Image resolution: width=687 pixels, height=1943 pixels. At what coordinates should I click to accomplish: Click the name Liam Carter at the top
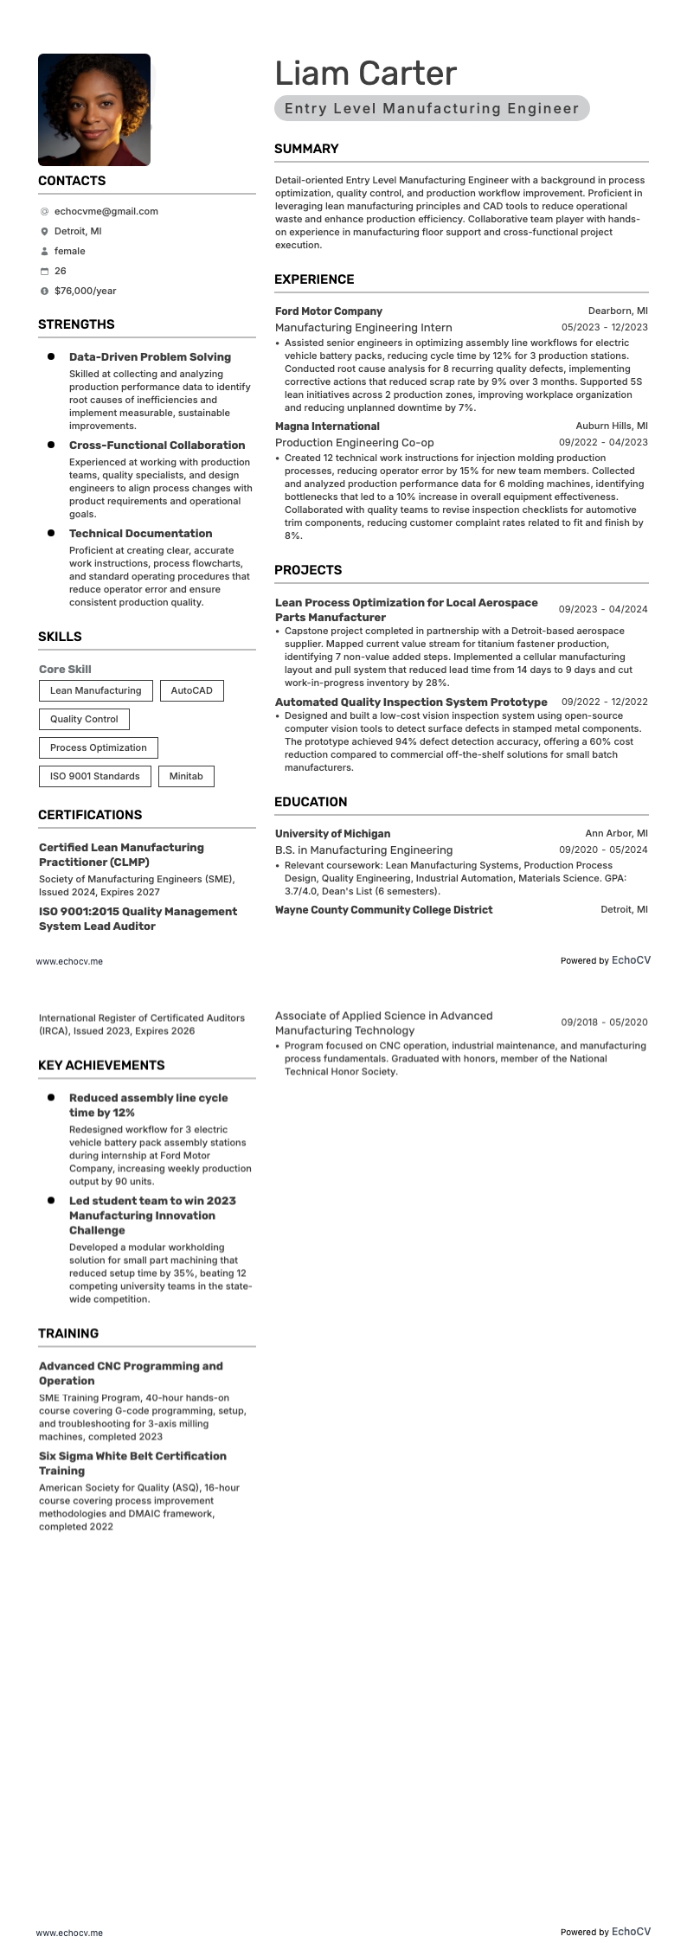pos(365,74)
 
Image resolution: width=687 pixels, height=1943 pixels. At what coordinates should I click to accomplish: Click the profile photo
pos(94,110)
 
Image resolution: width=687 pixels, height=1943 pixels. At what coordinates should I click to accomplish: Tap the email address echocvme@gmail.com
pos(106,211)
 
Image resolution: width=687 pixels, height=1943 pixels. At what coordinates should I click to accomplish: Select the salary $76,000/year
pos(85,291)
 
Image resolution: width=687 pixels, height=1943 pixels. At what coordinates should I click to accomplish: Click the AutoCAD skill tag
pos(191,690)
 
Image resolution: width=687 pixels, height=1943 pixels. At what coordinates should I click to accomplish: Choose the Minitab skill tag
pos(186,776)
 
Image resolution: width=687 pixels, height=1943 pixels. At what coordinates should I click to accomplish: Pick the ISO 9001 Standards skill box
pos(94,776)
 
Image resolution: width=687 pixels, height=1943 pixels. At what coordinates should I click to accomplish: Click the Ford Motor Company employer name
pos(328,311)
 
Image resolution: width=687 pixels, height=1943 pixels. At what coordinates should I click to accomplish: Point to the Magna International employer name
pos(327,426)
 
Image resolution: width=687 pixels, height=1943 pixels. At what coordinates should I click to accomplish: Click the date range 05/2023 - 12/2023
pos(604,327)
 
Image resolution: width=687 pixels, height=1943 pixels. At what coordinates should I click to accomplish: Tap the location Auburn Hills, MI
pos(611,426)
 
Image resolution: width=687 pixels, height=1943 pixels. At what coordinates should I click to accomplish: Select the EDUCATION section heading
pos(311,802)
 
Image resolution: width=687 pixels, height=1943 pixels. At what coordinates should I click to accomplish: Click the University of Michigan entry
pos(332,834)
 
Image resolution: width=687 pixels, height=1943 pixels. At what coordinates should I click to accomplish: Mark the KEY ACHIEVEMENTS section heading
pos(101,1065)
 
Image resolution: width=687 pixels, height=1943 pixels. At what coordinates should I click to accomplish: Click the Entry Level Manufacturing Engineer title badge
pos(432,108)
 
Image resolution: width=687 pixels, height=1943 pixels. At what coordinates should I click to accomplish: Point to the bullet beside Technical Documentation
pos(51,533)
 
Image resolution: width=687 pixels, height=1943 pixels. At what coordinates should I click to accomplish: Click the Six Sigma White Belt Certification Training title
pos(132,1463)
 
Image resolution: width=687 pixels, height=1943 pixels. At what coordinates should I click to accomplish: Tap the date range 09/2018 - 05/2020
pos(604,1023)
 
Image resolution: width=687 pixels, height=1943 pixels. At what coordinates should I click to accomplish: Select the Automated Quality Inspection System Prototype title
pos(411,702)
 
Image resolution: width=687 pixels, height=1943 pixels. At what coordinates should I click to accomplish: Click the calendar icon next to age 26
pos(44,272)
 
